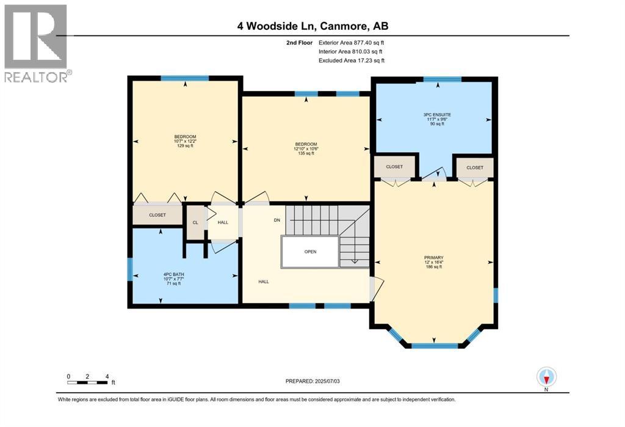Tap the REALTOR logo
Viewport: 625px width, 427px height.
tap(36, 43)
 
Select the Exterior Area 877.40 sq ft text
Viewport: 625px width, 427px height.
tap(351, 43)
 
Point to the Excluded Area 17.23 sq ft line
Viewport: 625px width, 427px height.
tap(351, 60)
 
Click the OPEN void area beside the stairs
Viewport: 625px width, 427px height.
tap(310, 251)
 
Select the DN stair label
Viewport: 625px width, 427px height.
tap(276, 220)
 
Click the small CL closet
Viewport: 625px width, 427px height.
tap(195, 222)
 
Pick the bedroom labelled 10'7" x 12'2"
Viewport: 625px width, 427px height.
tap(185, 141)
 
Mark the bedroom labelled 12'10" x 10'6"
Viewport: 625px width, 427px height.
tap(306, 148)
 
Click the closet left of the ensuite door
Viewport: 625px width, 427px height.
tap(394, 167)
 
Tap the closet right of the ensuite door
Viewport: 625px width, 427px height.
tap(474, 167)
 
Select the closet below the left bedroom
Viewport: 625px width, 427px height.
tap(157, 215)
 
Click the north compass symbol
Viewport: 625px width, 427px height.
tap(546, 376)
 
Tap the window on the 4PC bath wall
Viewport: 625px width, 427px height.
tap(129, 269)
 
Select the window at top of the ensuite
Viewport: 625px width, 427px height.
tap(443, 79)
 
